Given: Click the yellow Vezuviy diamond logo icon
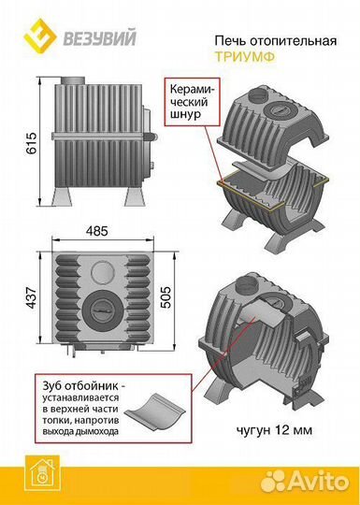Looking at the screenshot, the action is tap(40, 36).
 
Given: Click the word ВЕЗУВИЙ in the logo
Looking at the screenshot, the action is tap(99, 37).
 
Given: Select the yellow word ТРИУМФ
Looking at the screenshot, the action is tap(245, 57).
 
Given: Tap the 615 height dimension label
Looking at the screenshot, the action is tap(32, 143).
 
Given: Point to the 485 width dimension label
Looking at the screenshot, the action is tap(97, 231).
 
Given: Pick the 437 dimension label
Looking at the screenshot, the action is tap(32, 297).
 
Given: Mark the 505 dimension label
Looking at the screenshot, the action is tap(166, 297).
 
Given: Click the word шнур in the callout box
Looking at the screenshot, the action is tap(185, 114).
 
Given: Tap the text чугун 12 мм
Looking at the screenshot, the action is tap(274, 430).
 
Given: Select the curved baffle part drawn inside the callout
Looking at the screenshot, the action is tap(154, 411).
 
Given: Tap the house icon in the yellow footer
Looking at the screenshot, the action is tap(42, 473).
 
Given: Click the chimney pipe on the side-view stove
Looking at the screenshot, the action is tap(73, 80).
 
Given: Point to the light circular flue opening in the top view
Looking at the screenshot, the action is tap(103, 272).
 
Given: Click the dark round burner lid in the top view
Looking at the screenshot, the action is tap(103, 310).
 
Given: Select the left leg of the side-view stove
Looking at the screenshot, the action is tap(62, 196).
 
